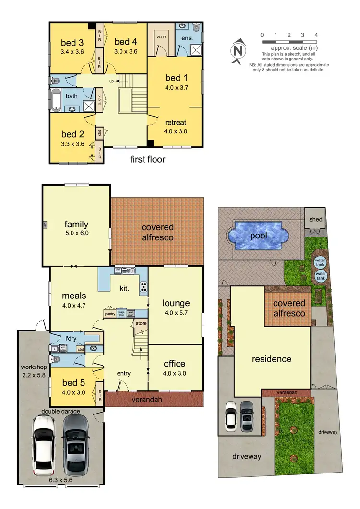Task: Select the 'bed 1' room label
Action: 173,78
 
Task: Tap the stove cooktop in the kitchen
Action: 143,287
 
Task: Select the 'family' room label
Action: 76,224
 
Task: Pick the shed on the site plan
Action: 316,219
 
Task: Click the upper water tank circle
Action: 319,262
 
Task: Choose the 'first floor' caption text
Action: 148,159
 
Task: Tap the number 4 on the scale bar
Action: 316,35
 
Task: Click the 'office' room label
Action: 174,364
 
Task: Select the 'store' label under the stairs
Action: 141,323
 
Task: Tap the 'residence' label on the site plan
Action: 272,359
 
